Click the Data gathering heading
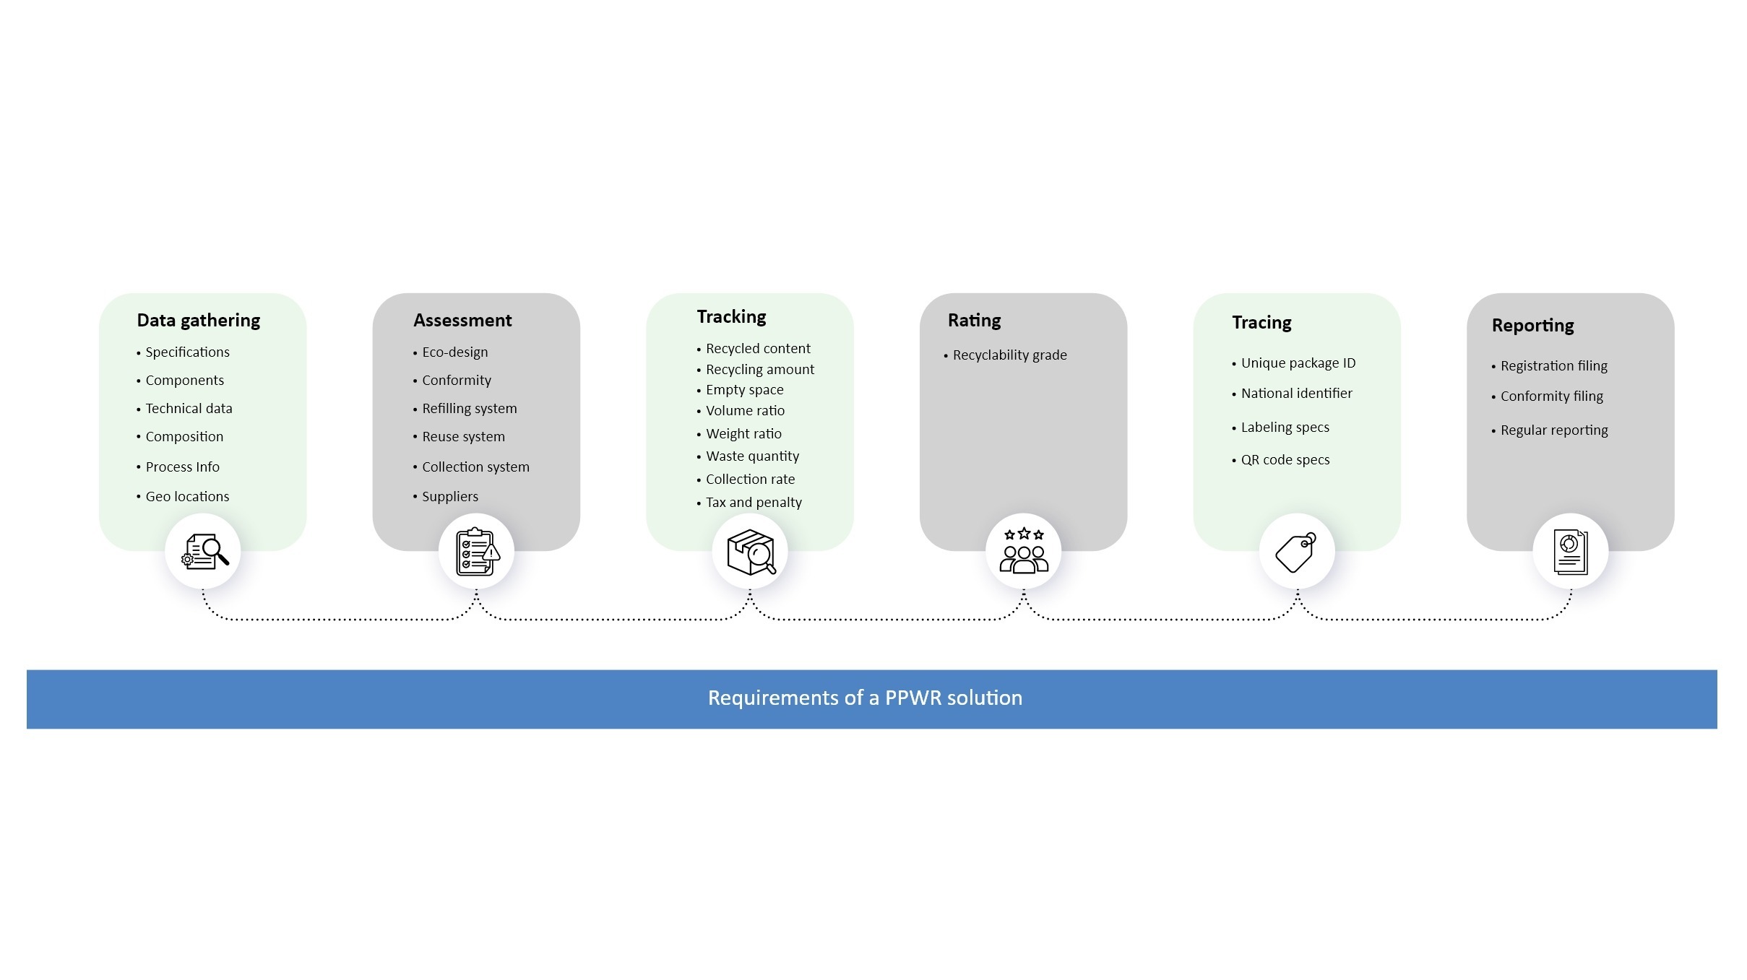[x=198, y=320]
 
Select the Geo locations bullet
[x=187, y=496]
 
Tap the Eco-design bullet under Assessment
[x=454, y=352]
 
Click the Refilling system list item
[x=469, y=408]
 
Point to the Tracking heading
[x=731, y=316]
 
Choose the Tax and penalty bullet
[x=754, y=502]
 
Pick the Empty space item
[x=744, y=389]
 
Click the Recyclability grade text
[x=1009, y=355]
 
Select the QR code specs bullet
[x=1285, y=459]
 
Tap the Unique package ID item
[x=1298, y=363]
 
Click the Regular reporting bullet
[x=1553, y=430]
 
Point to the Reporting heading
[x=1532, y=325]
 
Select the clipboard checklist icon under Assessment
[x=476, y=552]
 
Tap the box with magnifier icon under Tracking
[x=750, y=552]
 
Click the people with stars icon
[x=1023, y=552]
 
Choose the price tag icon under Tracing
[x=1296, y=552]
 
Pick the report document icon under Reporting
[x=1570, y=552]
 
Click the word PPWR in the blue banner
[x=913, y=698]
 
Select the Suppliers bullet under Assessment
[x=449, y=496]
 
